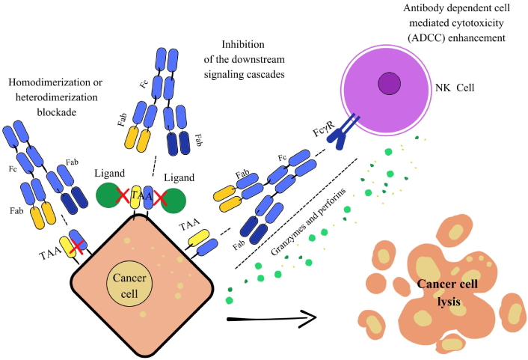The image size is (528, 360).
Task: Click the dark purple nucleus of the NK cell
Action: tap(388, 82)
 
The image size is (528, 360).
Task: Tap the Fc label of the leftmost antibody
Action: tap(13, 169)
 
